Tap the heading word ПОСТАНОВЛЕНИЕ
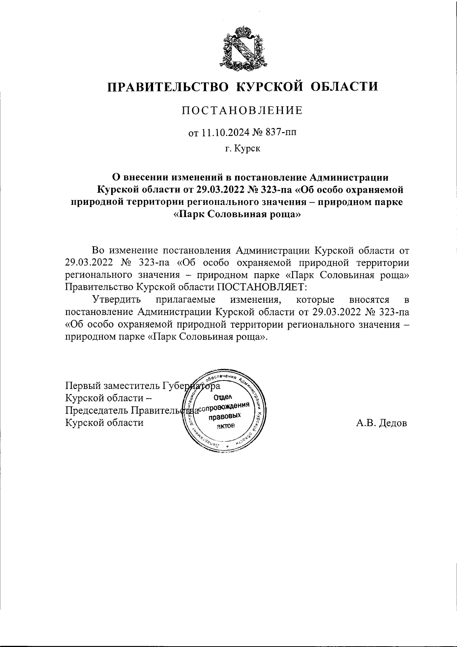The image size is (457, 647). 242,110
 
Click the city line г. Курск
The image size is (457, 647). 242,149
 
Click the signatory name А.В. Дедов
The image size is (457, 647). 381,423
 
